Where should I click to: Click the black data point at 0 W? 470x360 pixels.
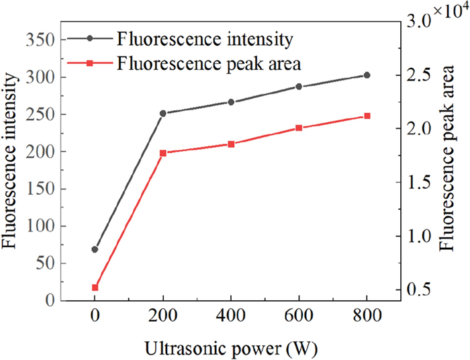pos(95,249)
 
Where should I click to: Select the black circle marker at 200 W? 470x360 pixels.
pos(162,114)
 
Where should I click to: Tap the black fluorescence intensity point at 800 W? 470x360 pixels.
pos(367,75)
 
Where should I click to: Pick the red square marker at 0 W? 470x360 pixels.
pos(95,287)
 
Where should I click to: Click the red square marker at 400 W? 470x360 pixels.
pos(231,144)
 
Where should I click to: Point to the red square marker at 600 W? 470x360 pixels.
pos(299,128)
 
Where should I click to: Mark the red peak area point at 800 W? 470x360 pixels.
pos(367,116)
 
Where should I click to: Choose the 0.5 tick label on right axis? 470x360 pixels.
pos(422,289)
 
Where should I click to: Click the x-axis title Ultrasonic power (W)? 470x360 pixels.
pos(230,349)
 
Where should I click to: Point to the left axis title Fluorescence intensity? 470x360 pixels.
pos(11,169)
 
